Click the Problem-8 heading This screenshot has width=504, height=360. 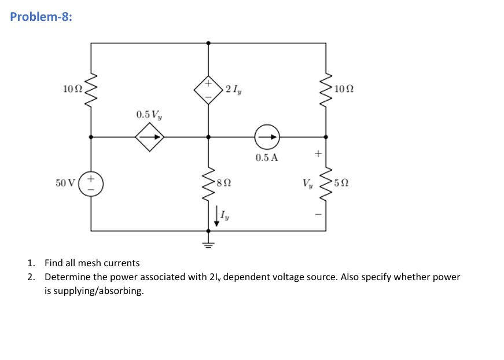(41, 16)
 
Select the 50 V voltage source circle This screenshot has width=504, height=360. (90, 183)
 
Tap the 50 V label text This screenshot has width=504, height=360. (65, 183)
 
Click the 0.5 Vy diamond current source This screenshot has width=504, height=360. (149, 137)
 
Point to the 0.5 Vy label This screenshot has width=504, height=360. (149, 114)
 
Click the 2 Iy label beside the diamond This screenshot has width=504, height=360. (234, 89)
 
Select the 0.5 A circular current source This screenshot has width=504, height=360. (267, 137)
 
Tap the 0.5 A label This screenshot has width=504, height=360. (266, 157)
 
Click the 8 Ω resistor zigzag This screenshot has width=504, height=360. (208, 183)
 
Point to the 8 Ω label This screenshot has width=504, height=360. (225, 183)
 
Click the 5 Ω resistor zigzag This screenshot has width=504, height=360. (326, 183)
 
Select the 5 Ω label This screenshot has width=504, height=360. (342, 183)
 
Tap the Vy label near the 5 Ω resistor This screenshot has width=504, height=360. (307, 183)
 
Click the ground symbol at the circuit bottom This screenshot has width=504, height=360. (208, 242)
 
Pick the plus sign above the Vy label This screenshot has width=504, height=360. (317, 155)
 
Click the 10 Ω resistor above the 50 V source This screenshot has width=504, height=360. (90, 90)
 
